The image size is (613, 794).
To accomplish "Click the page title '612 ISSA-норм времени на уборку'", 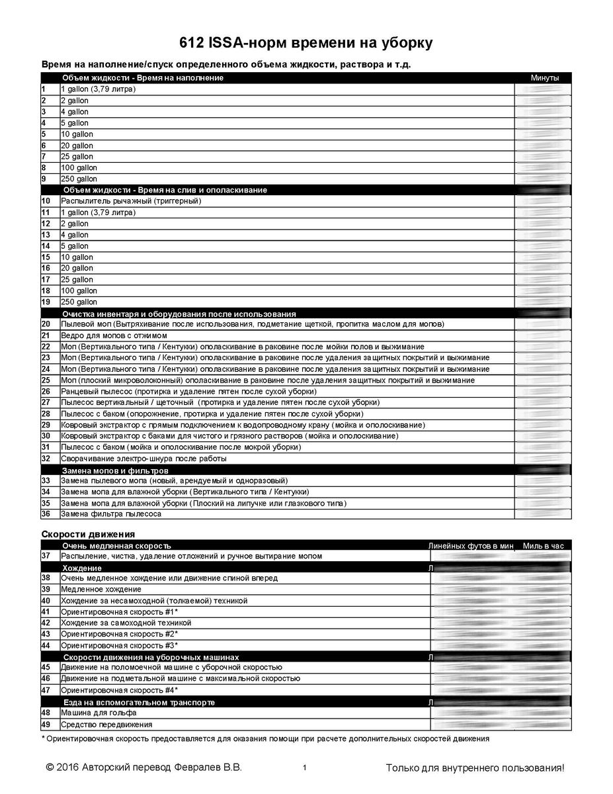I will [306, 44].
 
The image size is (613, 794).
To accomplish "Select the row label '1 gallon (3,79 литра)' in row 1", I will [98, 89].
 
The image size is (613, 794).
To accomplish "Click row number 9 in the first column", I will [44, 179].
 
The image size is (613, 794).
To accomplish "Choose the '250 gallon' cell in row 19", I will [79, 302].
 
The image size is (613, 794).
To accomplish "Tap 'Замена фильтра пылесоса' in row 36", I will [110, 513].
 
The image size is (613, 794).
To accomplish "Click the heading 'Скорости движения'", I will [88, 533].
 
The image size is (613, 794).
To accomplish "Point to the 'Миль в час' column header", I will [543, 546].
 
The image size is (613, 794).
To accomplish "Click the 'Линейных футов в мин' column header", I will [471, 546].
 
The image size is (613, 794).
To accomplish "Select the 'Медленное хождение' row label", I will [101, 589].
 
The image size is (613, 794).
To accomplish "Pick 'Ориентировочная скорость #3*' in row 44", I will [119, 645].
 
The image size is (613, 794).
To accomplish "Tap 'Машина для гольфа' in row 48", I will [99, 713].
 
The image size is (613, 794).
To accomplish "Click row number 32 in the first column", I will [46, 458].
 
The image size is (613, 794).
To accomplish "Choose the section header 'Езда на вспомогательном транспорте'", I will [138, 702].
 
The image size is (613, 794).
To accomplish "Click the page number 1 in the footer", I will [304, 768].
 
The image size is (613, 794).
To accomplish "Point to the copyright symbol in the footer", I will [50, 768].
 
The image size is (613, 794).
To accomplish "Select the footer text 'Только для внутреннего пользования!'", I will [475, 768].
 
